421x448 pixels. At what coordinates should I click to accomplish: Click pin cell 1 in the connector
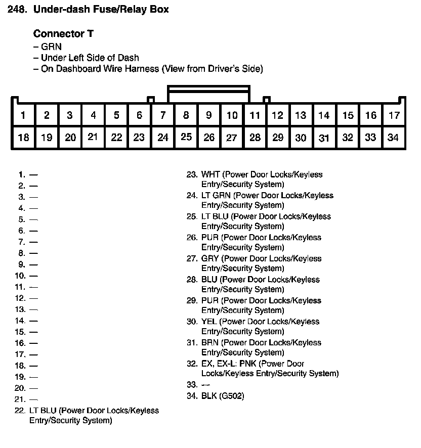coord(23,115)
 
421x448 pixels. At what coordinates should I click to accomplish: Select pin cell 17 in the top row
coord(394,115)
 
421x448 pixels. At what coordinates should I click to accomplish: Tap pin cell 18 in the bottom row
coord(23,137)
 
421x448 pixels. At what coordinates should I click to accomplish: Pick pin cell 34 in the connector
coord(393,137)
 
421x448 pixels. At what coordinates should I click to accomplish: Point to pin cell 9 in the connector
coord(208,115)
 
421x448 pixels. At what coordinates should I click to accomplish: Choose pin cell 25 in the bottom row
coord(186,137)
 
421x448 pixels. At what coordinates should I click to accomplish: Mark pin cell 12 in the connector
coord(277,115)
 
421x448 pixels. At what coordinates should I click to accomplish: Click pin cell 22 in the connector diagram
coord(116,137)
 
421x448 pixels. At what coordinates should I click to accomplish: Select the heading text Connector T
coord(63,34)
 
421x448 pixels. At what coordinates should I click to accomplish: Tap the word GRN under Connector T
coord(51,47)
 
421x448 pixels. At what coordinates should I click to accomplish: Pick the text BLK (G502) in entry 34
coord(223,396)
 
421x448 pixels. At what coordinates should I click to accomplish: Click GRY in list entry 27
coord(210,258)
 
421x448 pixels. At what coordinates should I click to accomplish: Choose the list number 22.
coord(20,411)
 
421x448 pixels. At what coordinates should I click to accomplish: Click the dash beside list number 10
coord(33,276)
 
